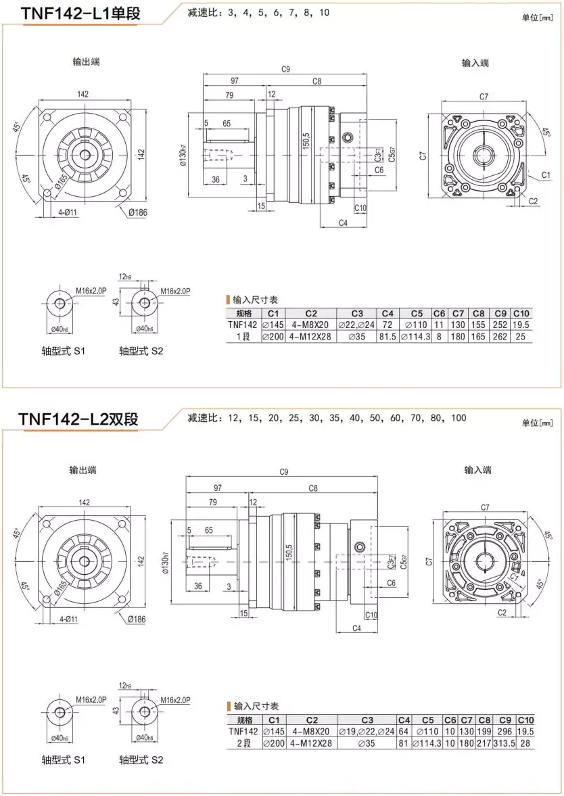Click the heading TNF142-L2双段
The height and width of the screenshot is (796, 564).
pyautogui.click(x=79, y=419)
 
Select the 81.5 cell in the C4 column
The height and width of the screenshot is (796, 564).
pyautogui.click(x=387, y=336)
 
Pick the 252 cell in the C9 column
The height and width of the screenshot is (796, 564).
pyautogui.click(x=500, y=325)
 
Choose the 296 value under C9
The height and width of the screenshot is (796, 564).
pyautogui.click(x=504, y=732)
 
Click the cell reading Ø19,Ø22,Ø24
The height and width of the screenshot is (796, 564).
pyautogui.click(x=367, y=732)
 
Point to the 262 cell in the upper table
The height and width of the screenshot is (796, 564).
pyautogui.click(x=500, y=336)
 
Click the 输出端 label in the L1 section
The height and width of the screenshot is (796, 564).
pyautogui.click(x=86, y=62)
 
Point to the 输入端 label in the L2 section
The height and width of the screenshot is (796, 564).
pyautogui.click(x=477, y=469)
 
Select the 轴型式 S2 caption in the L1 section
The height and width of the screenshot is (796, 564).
pyautogui.click(x=141, y=351)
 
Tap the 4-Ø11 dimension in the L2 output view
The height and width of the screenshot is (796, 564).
pyautogui.click(x=68, y=619)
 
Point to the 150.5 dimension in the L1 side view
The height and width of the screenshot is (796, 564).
pyautogui.click(x=306, y=143)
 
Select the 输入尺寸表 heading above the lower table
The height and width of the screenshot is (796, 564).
pyautogui.click(x=255, y=706)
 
